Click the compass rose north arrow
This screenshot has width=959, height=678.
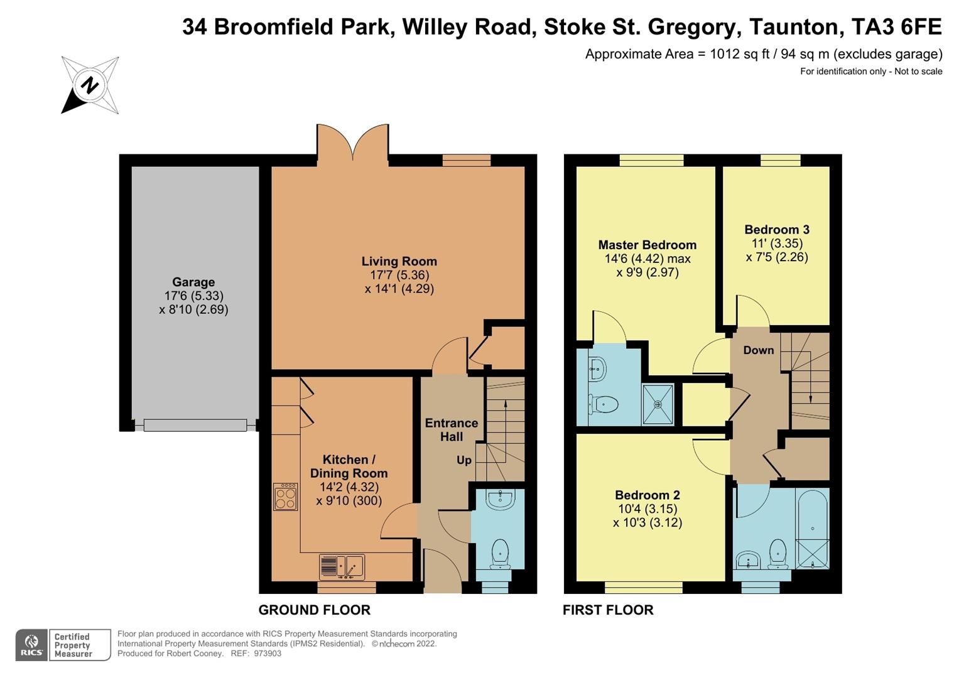pyautogui.click(x=90, y=85)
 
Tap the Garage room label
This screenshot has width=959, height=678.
pyautogui.click(x=193, y=282)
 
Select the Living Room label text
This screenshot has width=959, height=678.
pyautogui.click(x=399, y=261)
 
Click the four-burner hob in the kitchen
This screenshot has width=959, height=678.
pyautogui.click(x=286, y=497)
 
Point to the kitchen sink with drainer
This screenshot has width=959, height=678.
pyautogui.click(x=342, y=567)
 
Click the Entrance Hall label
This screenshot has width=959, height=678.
pyautogui.click(x=451, y=430)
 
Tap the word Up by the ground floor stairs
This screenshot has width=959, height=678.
pyautogui.click(x=463, y=460)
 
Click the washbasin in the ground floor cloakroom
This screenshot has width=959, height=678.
pyautogui.click(x=501, y=500)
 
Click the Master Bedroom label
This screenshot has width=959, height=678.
pyautogui.click(x=647, y=245)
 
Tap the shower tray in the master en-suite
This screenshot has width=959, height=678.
pyautogui.click(x=658, y=404)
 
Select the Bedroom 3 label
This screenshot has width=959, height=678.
pyautogui.click(x=776, y=230)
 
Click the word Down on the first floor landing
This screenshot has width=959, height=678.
pyautogui.click(x=758, y=350)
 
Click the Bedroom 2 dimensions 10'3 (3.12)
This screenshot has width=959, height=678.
pyautogui.click(x=647, y=522)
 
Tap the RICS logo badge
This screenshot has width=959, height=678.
pyautogui.click(x=31, y=645)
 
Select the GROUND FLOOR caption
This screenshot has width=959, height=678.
pyautogui.click(x=314, y=610)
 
